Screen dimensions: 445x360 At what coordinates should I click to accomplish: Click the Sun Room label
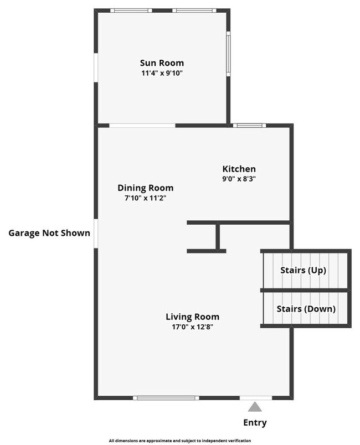(162, 63)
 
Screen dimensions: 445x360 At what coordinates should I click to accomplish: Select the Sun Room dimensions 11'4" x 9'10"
(162, 73)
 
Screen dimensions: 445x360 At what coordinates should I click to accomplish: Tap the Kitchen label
(239, 169)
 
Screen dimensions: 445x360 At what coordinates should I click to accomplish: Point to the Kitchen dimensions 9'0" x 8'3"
(239, 179)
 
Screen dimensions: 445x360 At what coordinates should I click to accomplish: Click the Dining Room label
(146, 188)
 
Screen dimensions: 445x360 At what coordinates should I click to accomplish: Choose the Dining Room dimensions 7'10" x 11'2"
(146, 198)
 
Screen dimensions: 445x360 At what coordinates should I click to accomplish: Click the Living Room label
(192, 317)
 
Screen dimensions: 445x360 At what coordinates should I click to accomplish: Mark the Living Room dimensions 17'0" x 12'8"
(192, 327)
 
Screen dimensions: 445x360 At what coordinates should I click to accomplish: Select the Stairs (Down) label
(306, 309)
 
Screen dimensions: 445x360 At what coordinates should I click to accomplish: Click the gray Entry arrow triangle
(255, 407)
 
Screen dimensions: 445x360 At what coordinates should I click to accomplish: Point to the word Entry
(255, 423)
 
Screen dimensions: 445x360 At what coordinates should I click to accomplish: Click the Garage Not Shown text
(49, 233)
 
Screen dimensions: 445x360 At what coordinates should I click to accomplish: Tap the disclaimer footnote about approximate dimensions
(180, 441)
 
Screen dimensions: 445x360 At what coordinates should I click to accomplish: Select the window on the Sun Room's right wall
(228, 53)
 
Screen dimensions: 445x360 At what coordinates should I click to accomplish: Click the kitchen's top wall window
(249, 126)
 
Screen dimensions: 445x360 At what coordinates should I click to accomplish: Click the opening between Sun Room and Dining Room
(142, 126)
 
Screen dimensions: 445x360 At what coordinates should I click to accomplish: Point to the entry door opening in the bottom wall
(255, 397)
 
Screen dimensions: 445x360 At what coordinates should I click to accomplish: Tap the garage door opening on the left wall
(96, 233)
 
